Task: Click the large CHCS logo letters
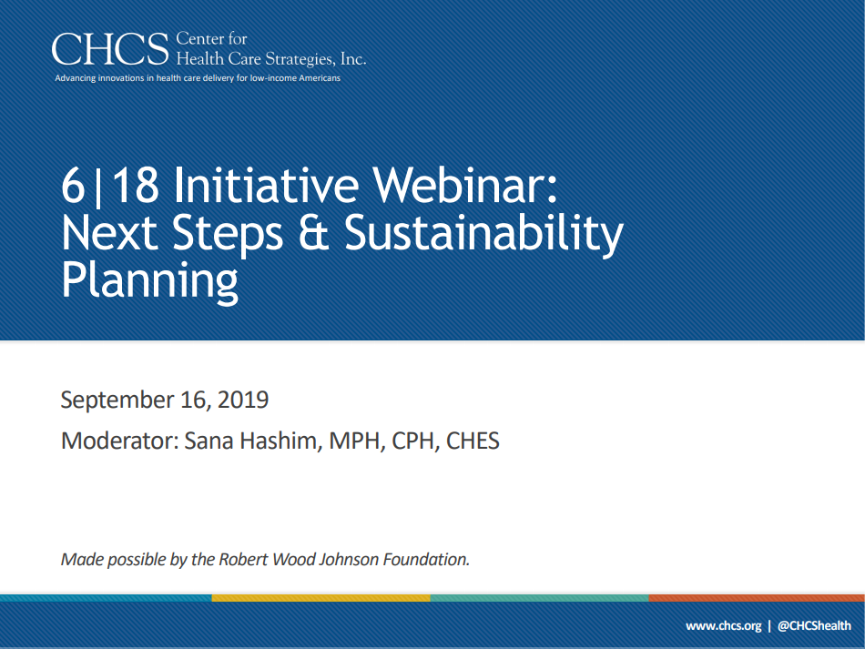tap(110, 49)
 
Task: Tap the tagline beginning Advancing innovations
tap(198, 78)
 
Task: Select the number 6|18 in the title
tap(110, 186)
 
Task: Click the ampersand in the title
tap(313, 232)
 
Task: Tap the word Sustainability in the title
tap(483, 234)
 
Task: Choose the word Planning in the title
tap(149, 281)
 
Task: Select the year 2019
tap(243, 400)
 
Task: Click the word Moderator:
tap(119, 441)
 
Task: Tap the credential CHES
tap(473, 441)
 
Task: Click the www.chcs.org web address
tap(723, 626)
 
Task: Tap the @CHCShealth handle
tap(814, 626)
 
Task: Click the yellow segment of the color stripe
tap(321, 598)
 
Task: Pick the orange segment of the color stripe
tap(757, 598)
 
